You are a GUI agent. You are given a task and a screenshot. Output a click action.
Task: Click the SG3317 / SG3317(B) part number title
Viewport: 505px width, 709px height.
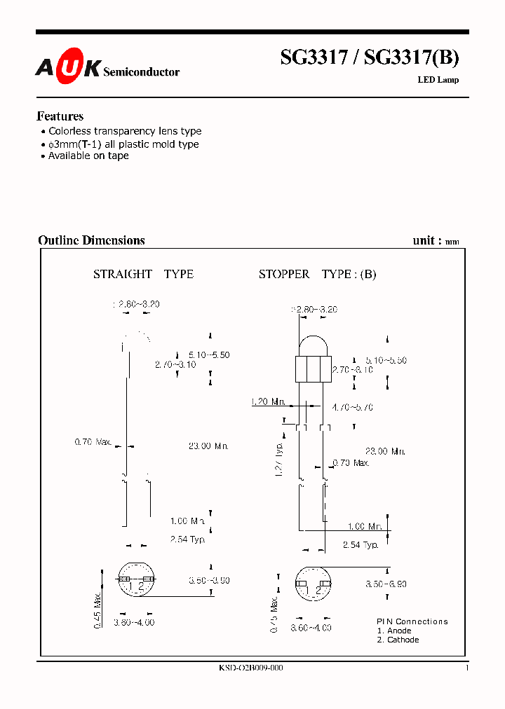tap(370, 57)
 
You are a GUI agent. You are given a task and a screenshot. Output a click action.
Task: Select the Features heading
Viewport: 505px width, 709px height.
tap(60, 116)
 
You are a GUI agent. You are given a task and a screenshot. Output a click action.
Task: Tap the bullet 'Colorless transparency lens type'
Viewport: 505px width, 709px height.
tap(124, 131)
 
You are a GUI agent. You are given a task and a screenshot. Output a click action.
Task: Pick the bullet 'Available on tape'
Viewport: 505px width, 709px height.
tap(88, 156)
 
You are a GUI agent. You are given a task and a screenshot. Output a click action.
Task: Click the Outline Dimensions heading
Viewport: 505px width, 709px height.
tap(91, 240)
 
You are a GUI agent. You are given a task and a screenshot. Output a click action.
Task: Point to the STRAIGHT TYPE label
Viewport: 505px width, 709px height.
tap(143, 275)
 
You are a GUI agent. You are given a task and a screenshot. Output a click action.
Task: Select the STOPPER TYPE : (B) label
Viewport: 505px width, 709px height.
tap(317, 275)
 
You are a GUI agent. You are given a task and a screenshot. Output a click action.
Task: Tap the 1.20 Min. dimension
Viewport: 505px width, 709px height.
tap(268, 402)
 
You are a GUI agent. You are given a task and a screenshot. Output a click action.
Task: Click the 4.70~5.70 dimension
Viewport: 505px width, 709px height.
tap(354, 406)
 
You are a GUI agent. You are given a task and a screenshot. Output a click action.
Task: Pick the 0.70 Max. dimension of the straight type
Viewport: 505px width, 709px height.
tap(93, 442)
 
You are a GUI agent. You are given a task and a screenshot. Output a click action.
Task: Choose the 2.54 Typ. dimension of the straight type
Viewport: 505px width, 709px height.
tap(188, 538)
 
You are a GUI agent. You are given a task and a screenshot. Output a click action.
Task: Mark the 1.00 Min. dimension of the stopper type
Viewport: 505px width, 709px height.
tap(365, 526)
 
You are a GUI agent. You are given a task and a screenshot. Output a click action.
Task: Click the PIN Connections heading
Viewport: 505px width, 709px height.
tap(412, 621)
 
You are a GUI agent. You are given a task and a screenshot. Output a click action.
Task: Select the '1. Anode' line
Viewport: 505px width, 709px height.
tap(394, 631)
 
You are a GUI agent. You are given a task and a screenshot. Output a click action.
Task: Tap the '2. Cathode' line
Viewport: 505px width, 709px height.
tap(398, 640)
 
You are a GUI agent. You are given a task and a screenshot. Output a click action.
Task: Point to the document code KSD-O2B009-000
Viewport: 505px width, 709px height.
tap(251, 668)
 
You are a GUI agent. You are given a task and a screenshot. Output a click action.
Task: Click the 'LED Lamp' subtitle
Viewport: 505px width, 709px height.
tap(438, 80)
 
